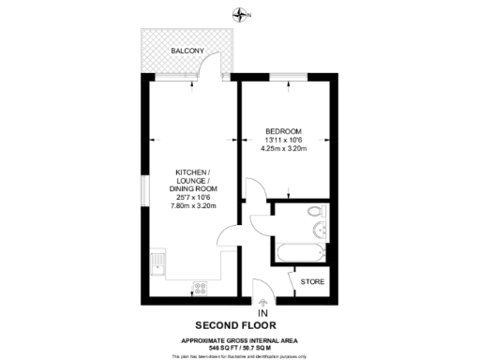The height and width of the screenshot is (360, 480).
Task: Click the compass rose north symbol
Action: click(x=242, y=14)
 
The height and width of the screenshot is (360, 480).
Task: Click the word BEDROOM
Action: click(x=282, y=130)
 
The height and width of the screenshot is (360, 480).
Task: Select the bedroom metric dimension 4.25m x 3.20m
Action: click(x=282, y=148)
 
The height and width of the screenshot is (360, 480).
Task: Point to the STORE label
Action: click(x=311, y=281)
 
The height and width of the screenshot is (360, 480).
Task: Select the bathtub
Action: click(x=299, y=251)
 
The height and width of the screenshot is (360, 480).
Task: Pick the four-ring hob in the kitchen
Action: click(x=201, y=286)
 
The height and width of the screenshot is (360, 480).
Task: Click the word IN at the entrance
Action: click(x=262, y=313)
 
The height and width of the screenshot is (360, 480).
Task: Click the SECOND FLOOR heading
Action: click(x=240, y=326)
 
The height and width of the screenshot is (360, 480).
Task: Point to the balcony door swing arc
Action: click(x=214, y=67)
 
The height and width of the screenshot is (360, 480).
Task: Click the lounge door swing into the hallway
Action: click(x=227, y=236)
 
